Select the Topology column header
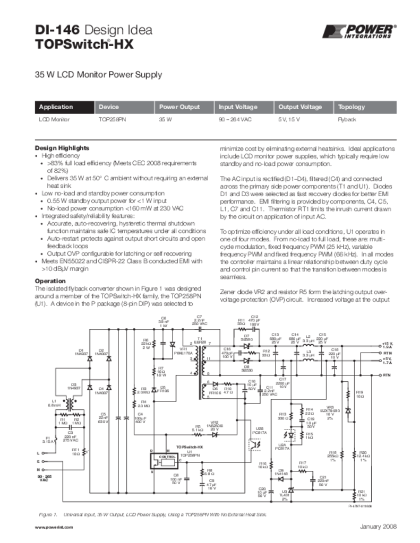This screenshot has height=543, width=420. (352, 107)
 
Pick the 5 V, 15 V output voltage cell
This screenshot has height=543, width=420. (289, 120)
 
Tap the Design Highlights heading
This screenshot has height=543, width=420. (62, 148)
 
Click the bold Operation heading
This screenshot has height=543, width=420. (50, 281)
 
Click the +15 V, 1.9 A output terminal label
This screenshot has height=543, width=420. (388, 346)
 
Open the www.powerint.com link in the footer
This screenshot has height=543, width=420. (54, 528)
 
